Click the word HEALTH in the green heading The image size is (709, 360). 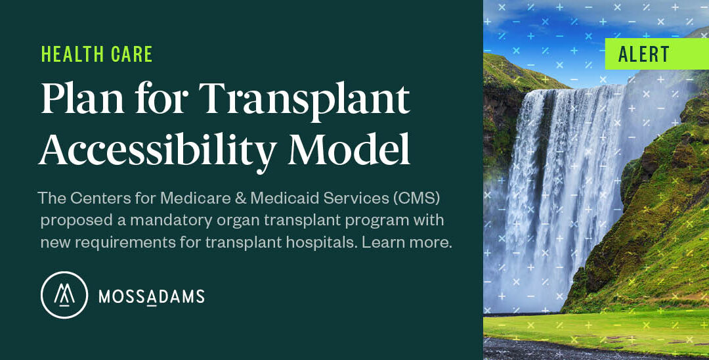(66, 55)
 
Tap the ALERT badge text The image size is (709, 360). (644, 55)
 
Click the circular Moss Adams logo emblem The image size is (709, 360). (64, 295)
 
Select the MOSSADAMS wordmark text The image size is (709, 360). (152, 297)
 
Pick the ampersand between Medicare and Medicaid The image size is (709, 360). (240, 198)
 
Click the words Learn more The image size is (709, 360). (407, 242)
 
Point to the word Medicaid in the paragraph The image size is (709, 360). (283, 198)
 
